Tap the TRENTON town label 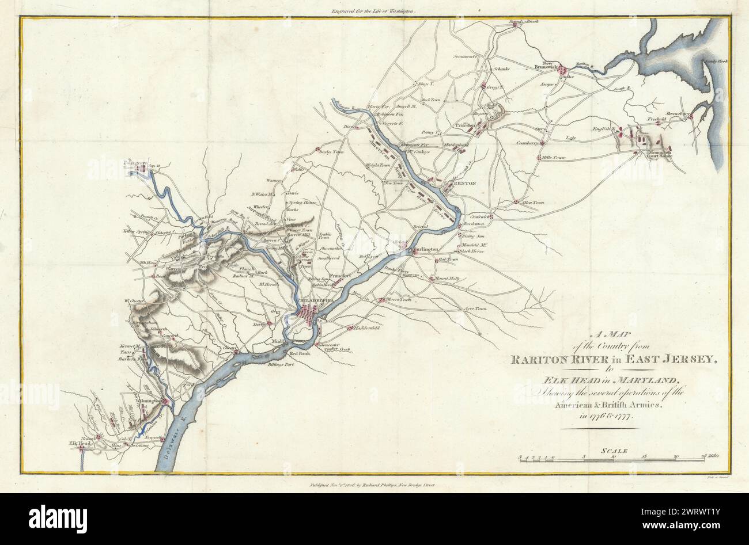[x=464, y=183]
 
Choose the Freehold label [x=656, y=120]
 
